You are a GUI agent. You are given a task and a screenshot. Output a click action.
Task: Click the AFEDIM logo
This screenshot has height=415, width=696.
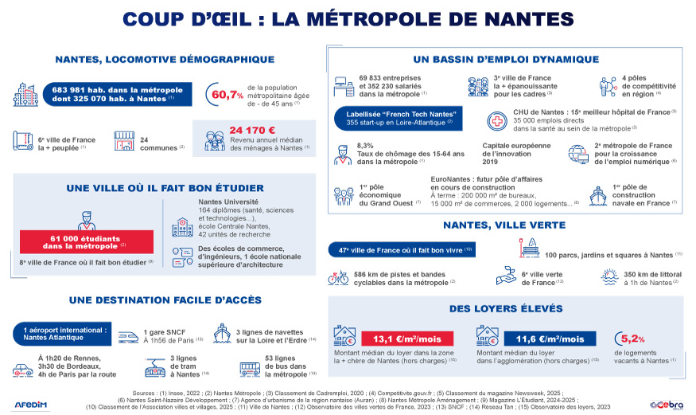31,404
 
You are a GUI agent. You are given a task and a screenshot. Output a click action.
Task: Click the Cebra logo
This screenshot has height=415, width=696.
666,403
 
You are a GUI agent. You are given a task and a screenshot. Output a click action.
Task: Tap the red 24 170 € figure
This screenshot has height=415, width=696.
251,130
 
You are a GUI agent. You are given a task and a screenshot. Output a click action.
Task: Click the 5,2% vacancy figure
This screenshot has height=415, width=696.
633,338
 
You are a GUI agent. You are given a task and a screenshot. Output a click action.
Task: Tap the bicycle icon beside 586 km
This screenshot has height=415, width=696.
338,278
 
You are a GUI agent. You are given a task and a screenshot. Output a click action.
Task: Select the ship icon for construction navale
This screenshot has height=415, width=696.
597,196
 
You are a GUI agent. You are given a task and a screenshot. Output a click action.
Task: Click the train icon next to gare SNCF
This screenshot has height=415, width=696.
128,335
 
